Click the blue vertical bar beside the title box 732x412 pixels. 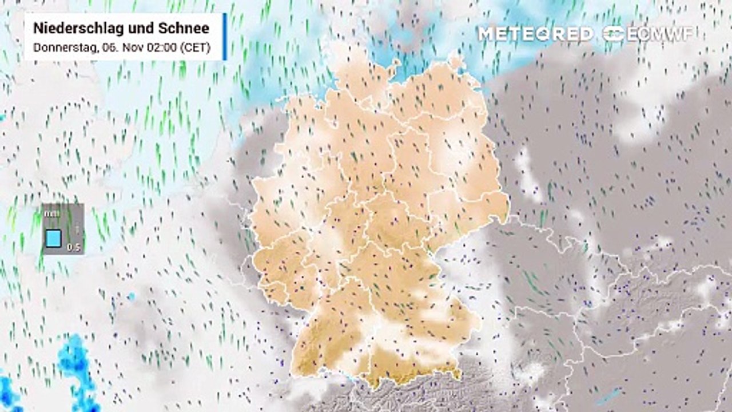coord(225,37)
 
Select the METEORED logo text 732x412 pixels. coord(535,34)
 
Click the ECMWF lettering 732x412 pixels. coord(660,34)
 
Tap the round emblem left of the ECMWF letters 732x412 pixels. coord(614,34)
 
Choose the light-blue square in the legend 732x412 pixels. coord(54,237)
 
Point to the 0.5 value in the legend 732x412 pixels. coord(73,247)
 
